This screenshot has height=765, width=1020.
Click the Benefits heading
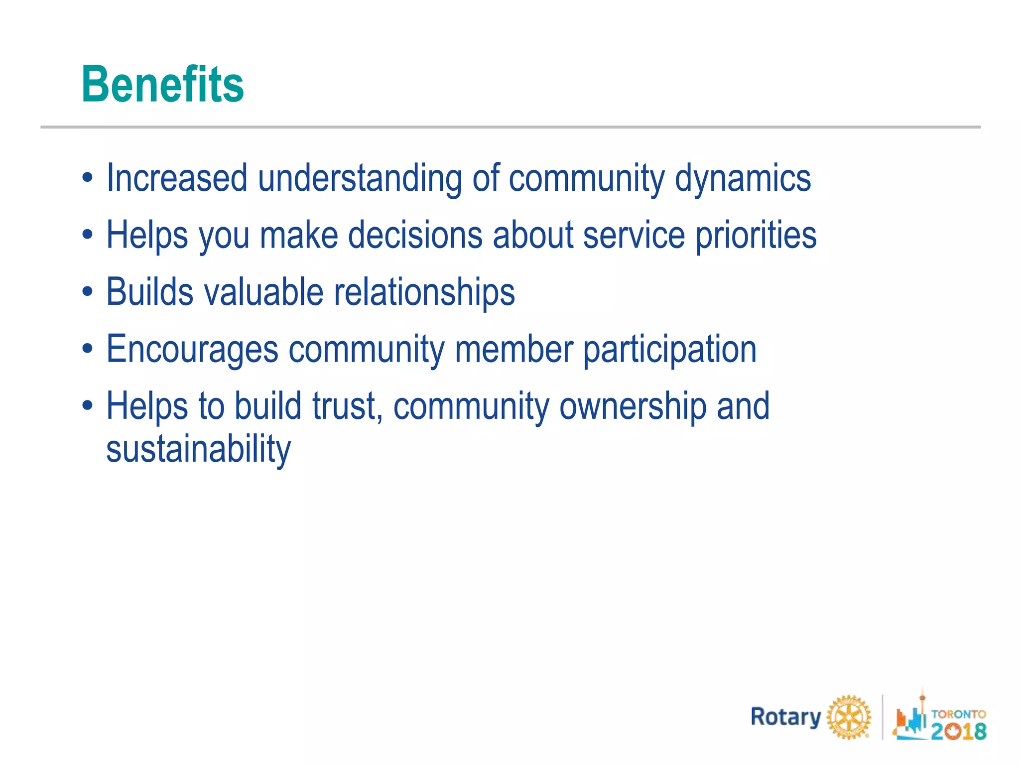162,85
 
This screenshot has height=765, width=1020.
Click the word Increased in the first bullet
177,178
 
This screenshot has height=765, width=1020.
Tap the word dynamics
743,178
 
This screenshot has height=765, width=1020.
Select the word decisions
415,235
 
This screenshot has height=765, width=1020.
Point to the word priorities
756,235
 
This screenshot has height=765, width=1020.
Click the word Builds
149,292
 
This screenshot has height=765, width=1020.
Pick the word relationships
424,292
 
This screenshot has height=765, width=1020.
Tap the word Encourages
192,349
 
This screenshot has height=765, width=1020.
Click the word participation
669,349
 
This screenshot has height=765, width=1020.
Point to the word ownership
633,406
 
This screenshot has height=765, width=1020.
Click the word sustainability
198,449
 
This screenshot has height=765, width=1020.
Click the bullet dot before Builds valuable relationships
88,293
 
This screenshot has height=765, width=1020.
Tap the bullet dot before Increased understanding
88,179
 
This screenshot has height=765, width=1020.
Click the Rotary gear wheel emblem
849,718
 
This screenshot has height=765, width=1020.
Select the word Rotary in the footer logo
785,717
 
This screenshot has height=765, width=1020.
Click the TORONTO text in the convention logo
958,714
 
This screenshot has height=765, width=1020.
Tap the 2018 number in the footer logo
958,731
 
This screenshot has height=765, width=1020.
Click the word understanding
360,178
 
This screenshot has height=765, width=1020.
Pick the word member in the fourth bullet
513,349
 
